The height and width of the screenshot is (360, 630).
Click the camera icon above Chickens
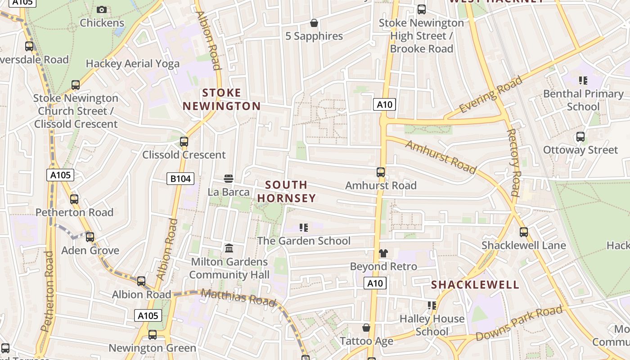[102, 9]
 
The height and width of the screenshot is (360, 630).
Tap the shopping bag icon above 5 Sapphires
[314, 23]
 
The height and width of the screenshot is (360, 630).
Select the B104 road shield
[180, 179]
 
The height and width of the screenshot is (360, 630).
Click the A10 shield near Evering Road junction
[384, 105]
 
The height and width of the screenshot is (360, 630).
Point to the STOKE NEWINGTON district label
[221, 99]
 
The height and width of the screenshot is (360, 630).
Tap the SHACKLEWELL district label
[475, 285]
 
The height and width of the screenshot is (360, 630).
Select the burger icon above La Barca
[229, 179]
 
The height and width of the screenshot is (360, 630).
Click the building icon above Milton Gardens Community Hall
[229, 248]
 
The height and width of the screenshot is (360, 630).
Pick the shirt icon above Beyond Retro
[383, 253]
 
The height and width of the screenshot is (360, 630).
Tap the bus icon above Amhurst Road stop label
[381, 172]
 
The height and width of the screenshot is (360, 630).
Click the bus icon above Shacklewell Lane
[524, 232]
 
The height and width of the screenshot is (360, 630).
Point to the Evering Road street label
[490, 95]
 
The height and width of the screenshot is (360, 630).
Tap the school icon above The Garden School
[304, 228]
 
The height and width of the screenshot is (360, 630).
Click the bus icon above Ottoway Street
[580, 137]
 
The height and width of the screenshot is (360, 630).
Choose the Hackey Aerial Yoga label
[132, 64]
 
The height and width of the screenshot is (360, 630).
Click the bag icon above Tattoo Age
[366, 328]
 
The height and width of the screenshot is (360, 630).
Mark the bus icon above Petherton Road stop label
[74, 199]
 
